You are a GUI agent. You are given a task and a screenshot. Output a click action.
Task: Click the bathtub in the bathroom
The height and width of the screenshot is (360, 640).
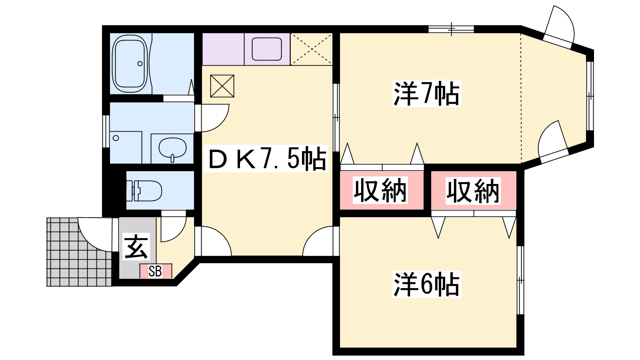pos(130,64)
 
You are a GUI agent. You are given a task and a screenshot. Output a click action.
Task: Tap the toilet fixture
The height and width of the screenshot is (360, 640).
pos(144,190)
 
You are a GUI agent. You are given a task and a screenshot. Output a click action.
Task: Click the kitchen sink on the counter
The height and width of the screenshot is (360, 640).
pos(267,49)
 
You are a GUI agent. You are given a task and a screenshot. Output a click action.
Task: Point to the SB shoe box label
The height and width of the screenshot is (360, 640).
pos(156,271)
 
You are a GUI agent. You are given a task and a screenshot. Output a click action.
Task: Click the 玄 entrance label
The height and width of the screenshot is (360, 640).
pos(136,247)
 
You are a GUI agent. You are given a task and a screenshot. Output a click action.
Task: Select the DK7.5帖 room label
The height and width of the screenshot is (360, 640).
pos(268,159)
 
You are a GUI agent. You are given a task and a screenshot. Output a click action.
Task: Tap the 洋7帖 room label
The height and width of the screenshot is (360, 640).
pos(427,94)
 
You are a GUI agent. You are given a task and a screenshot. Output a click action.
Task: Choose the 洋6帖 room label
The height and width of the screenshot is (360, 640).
pos(427,284)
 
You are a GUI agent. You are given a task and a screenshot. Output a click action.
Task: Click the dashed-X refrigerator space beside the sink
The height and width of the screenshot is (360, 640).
pos(312,49)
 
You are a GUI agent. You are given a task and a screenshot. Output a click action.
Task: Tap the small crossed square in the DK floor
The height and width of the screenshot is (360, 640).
pos(222,86)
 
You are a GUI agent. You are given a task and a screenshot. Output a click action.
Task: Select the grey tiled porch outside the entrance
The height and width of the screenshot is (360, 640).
pos(79,252)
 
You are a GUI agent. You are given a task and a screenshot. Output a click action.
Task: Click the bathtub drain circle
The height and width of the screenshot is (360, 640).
pos(140,64)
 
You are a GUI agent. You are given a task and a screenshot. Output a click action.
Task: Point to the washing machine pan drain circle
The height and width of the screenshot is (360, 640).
pos(116,138)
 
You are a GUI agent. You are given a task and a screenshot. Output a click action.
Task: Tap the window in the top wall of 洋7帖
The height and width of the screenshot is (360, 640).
pos(451,29)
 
